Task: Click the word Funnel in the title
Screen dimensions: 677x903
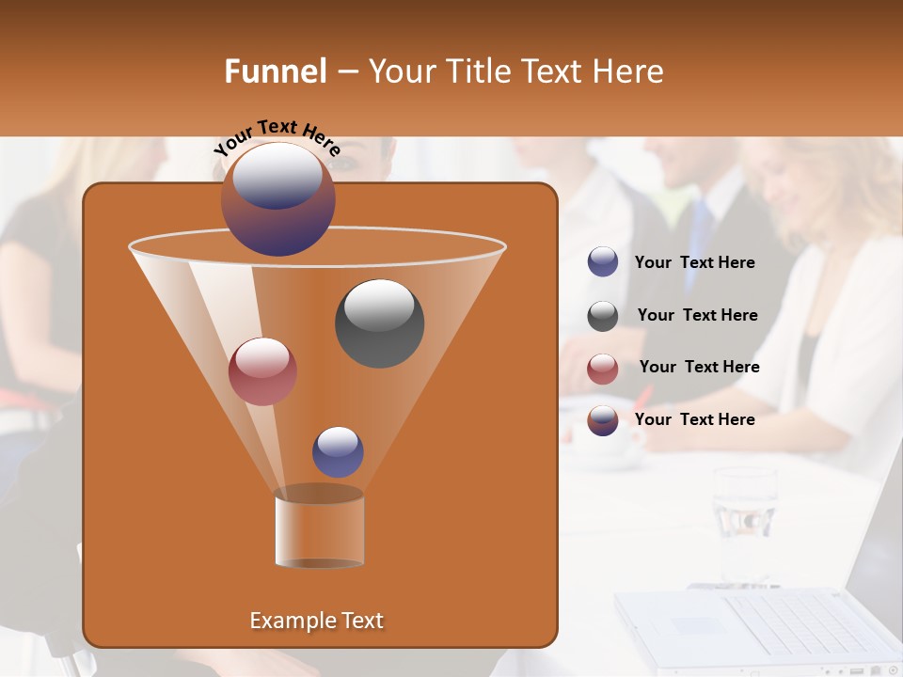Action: pyautogui.click(x=275, y=71)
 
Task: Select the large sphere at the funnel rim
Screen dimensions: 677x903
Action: pyautogui.click(x=277, y=198)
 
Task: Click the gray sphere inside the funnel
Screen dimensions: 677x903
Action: pyautogui.click(x=379, y=323)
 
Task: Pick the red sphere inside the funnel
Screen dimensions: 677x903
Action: pyautogui.click(x=262, y=371)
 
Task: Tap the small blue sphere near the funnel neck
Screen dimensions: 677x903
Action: pyautogui.click(x=338, y=451)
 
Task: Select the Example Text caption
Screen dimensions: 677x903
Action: pyautogui.click(x=316, y=621)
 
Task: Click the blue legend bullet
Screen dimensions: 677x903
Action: pyautogui.click(x=603, y=262)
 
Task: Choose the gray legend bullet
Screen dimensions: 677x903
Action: pyautogui.click(x=603, y=316)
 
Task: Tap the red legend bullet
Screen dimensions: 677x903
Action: pyautogui.click(x=603, y=369)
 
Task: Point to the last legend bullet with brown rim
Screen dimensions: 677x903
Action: pyautogui.click(x=603, y=420)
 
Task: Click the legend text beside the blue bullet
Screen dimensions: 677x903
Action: pyautogui.click(x=694, y=263)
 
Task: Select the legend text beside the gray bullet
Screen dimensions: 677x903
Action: pyautogui.click(x=697, y=316)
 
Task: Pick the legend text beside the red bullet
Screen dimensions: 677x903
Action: pyautogui.click(x=699, y=368)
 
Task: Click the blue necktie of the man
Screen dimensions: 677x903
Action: pyautogui.click(x=699, y=234)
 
